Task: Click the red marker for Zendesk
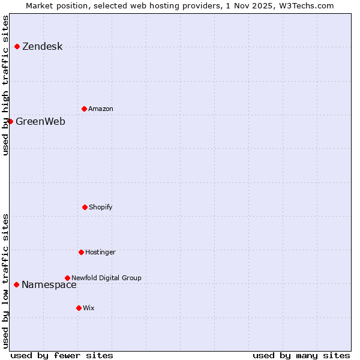[x=17, y=46]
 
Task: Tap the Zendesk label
[x=42, y=47]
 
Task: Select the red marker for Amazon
[x=84, y=109]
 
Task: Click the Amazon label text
[x=101, y=109]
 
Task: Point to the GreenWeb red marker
[x=10, y=121]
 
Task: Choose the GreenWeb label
[x=40, y=122]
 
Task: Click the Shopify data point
[x=85, y=207]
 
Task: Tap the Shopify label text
[x=101, y=208]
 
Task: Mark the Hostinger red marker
[x=81, y=252]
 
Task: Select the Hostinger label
[x=100, y=253]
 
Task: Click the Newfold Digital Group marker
[x=67, y=278]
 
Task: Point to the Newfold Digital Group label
[x=106, y=278]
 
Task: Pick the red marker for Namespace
[x=16, y=284]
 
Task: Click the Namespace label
[x=49, y=285]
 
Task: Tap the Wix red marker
[x=79, y=308]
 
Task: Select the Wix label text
[x=89, y=308]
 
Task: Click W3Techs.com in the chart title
[x=306, y=5]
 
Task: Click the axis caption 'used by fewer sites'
[x=62, y=356]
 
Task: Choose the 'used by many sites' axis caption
[x=301, y=356]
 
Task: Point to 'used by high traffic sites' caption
[x=5, y=85]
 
